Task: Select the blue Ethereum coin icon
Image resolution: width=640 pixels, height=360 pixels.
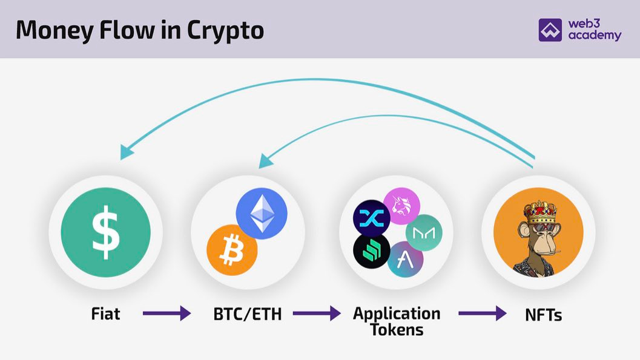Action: pos(262,214)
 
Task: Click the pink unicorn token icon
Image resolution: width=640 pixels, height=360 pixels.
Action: pos(402,205)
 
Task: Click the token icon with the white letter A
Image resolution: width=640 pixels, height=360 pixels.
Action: pos(405,259)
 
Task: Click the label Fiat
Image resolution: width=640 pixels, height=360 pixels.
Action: pos(105,314)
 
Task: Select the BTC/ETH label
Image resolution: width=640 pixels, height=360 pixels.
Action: pos(248,314)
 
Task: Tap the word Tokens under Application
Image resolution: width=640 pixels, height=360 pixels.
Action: pos(397,330)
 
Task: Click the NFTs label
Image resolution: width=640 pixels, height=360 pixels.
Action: pos(543,314)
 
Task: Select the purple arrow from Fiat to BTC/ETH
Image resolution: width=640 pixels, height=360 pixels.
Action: pos(166,313)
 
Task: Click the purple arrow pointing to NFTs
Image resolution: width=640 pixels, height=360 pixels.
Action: pos(482,313)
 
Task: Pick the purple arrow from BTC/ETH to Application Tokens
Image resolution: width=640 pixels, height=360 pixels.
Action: pos(317,313)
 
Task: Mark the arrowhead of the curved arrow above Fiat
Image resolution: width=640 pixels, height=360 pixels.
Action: pos(126,152)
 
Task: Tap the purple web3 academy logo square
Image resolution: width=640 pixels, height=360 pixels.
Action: pos(550,30)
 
